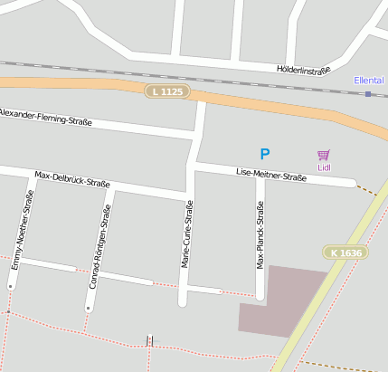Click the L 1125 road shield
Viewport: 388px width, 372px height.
(167, 91)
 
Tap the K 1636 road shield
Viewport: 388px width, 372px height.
(345, 253)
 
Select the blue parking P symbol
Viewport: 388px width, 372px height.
(264, 155)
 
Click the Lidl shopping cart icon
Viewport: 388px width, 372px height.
(324, 155)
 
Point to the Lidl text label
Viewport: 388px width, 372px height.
(324, 167)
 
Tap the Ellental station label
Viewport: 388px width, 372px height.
(368, 81)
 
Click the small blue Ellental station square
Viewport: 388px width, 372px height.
(368, 93)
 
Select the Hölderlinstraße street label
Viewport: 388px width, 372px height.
(303, 69)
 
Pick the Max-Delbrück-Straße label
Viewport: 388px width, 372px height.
(72, 178)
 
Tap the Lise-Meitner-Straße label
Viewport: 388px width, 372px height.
(271, 175)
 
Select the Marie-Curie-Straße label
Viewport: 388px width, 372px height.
(188, 234)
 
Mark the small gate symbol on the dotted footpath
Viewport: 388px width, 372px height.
(150, 341)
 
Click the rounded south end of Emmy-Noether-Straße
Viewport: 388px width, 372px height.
(12, 285)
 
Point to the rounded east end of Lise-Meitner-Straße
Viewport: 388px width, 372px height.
(352, 183)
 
